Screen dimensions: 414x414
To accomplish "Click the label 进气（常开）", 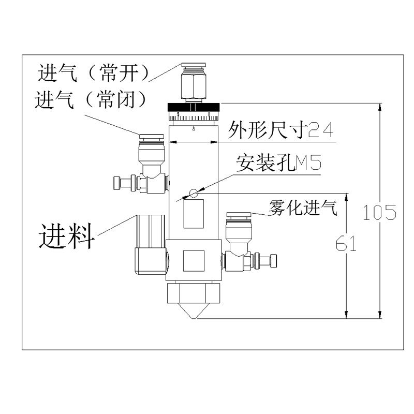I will (x=93, y=73).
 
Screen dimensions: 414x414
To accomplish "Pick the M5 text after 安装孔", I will (x=308, y=164).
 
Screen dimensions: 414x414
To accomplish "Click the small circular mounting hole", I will (x=194, y=194).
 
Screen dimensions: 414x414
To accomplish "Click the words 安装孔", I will (x=264, y=164).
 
